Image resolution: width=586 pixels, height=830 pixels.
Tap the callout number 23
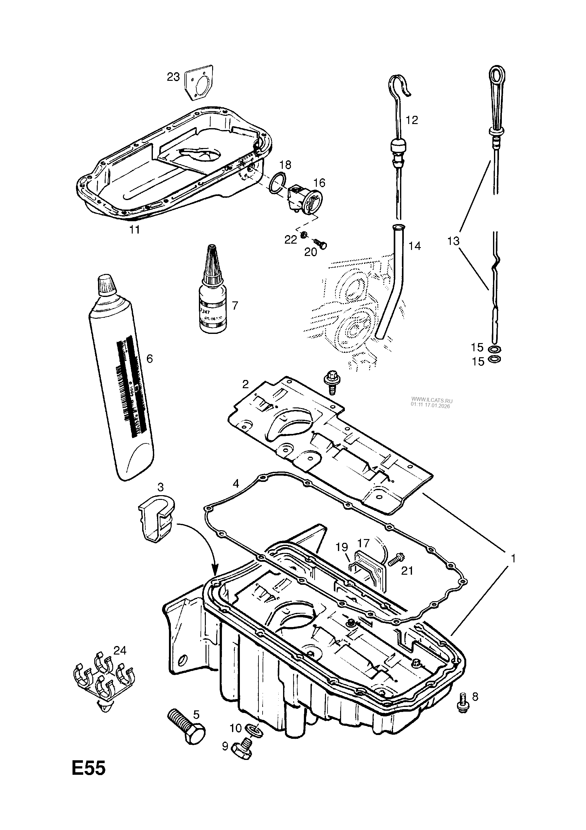[x=173, y=77]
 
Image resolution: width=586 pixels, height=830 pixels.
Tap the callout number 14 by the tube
[x=415, y=246]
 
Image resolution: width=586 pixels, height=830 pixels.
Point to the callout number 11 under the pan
[x=134, y=229]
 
